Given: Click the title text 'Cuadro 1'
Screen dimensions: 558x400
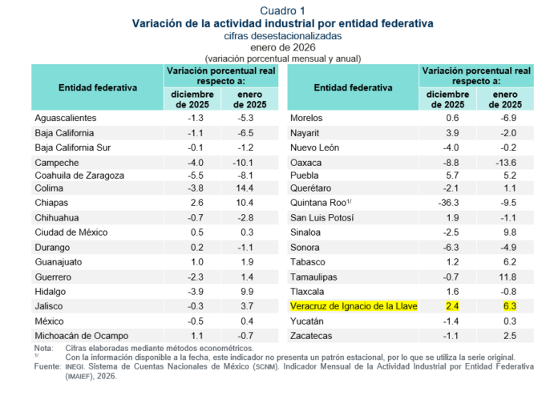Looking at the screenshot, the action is (x=282, y=10).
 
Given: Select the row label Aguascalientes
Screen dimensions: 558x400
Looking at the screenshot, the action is (x=66, y=118).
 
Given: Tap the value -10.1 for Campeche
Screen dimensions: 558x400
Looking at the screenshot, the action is (x=243, y=163).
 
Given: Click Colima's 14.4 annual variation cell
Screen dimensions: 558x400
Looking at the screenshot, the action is (x=245, y=188).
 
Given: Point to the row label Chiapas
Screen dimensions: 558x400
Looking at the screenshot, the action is (x=51, y=203).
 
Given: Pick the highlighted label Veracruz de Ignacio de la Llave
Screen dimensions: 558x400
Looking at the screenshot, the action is (x=354, y=306).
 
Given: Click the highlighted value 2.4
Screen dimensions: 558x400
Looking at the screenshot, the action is (x=452, y=306).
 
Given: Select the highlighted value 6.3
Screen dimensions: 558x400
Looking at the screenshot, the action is (x=510, y=306).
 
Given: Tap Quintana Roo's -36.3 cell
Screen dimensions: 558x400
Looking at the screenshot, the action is (x=448, y=203).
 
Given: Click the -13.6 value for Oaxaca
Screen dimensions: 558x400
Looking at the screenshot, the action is (x=506, y=163).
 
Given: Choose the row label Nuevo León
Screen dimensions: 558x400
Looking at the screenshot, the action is (x=314, y=147).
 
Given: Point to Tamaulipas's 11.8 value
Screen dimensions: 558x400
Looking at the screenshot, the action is (x=507, y=277).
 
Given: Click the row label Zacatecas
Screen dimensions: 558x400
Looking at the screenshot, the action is (x=311, y=336).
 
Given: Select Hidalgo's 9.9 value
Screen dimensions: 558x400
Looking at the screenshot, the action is (x=247, y=292).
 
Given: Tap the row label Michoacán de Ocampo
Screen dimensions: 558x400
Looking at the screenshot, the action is (x=82, y=336).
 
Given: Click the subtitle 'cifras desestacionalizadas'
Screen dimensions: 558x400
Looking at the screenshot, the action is (x=282, y=36).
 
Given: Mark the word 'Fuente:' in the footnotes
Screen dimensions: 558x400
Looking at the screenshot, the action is (x=47, y=366).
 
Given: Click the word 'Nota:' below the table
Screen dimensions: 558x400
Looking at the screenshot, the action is (x=43, y=348).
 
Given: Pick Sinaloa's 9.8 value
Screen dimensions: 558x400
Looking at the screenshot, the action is (x=510, y=232).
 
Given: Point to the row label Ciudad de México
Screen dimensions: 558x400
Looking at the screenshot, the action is (x=71, y=232).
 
